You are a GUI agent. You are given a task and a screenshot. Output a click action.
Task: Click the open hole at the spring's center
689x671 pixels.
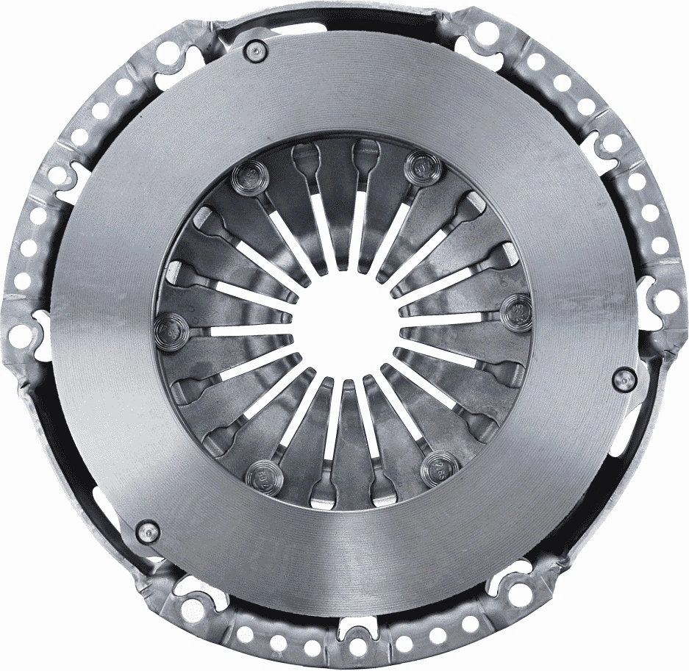tap(346, 328)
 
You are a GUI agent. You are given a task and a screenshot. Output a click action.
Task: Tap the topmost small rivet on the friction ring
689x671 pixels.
tap(257, 50)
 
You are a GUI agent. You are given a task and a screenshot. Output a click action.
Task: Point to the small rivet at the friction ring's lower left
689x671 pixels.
tap(148, 529)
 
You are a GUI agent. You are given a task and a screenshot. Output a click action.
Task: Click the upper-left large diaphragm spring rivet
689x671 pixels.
tap(245, 177)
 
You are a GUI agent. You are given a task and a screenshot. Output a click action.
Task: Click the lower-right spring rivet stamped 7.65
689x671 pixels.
tap(438, 465)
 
